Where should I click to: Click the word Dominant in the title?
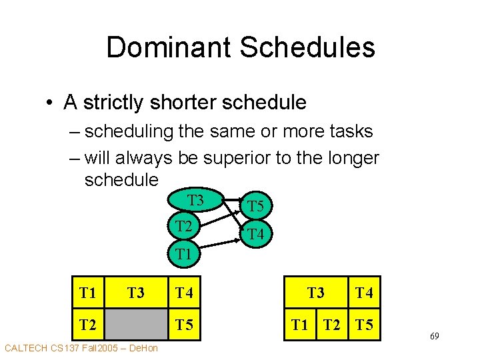167,47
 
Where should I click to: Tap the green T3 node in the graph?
195,200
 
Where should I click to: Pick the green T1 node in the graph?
183,253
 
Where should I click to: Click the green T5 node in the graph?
255,207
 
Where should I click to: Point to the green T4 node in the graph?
255,235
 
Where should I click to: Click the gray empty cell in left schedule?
135,325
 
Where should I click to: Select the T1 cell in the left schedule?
87,292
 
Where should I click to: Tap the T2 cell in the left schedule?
87,325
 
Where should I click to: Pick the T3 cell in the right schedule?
315,292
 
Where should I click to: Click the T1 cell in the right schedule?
300,325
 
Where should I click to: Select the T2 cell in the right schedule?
332,325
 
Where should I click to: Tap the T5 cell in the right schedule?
364,325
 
